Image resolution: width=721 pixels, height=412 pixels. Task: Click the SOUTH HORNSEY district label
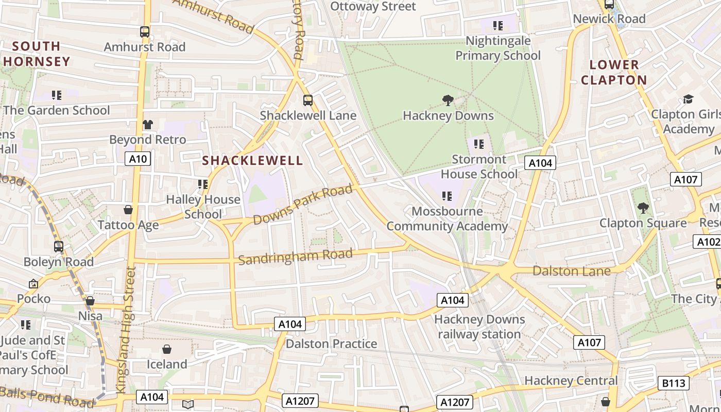[36, 54]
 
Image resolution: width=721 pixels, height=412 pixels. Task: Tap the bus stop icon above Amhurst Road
[145, 32]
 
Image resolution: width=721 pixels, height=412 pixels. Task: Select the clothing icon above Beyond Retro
[148, 124]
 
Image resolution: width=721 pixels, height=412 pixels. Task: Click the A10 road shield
[138, 159]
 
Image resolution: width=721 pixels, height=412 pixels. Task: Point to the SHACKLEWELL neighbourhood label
[252, 161]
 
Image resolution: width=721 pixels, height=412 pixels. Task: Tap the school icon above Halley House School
[203, 184]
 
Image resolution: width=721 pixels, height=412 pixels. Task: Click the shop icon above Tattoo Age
[128, 210]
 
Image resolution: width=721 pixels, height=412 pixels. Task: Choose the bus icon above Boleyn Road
[59, 247]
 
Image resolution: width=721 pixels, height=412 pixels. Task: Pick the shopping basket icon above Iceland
[167, 350]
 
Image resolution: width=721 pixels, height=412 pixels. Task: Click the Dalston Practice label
[332, 344]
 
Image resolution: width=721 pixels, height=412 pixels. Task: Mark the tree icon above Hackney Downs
[448, 100]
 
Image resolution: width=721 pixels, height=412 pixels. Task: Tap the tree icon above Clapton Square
[643, 208]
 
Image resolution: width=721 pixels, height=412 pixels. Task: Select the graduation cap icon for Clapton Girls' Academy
[688, 99]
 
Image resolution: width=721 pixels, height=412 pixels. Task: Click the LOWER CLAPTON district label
[614, 73]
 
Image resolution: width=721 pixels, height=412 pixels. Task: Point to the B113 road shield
[674, 383]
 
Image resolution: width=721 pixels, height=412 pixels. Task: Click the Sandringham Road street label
[296, 256]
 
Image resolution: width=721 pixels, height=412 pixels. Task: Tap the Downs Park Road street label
[304, 205]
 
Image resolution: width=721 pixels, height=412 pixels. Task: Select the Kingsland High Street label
[127, 330]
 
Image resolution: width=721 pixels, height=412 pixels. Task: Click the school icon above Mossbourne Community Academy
[447, 196]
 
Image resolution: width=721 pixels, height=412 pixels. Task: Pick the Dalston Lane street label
[572, 271]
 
